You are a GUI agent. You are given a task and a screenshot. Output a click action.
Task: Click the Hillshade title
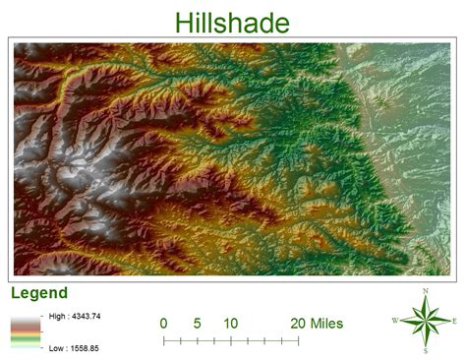pyautogui.click(x=232, y=23)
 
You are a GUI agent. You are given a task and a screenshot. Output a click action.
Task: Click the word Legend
pyautogui.click(x=38, y=292)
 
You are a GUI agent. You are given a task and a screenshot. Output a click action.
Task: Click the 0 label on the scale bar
pyautogui.click(x=163, y=323)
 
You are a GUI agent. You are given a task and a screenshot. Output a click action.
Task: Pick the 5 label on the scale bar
pyautogui.click(x=197, y=323)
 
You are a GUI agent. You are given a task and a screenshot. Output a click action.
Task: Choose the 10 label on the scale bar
pyautogui.click(x=230, y=323)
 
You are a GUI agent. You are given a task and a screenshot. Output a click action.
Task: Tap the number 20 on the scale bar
pyautogui.click(x=299, y=323)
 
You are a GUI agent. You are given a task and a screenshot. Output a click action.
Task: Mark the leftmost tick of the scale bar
pyautogui.click(x=163, y=340)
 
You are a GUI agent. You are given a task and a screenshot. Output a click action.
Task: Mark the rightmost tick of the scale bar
pyautogui.click(x=298, y=340)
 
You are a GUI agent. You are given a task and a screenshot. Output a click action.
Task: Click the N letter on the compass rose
pyautogui.click(x=426, y=290)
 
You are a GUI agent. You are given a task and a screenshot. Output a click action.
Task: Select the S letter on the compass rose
pyautogui.click(x=426, y=350)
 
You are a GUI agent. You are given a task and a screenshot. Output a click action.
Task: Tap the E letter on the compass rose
pyautogui.click(x=454, y=321)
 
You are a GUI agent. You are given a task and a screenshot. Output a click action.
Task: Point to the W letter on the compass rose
pyautogui.click(x=395, y=321)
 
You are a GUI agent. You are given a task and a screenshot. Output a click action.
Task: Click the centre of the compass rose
pyautogui.click(x=426, y=321)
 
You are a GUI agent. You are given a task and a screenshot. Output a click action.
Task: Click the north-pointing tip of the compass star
pyautogui.click(x=426, y=297)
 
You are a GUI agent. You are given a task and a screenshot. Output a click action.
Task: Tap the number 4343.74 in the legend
pyautogui.click(x=88, y=316)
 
